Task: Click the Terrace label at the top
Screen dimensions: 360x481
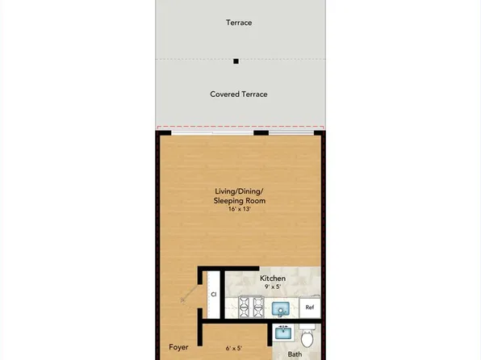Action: pyautogui.click(x=239, y=23)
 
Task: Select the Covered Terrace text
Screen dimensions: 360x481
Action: pyautogui.click(x=239, y=94)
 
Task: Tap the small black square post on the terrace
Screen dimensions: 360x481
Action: pyautogui.click(x=236, y=61)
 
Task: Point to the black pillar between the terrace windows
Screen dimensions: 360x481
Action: pyautogui.click(x=261, y=132)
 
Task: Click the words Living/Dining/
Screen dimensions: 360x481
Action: pyautogui.click(x=239, y=190)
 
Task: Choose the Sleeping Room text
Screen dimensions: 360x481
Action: pyautogui.click(x=239, y=200)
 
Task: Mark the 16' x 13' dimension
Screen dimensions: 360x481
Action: pyautogui.click(x=239, y=209)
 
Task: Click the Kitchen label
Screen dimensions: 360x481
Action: pyautogui.click(x=273, y=278)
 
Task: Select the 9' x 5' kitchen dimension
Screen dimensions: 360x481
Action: pyautogui.click(x=273, y=287)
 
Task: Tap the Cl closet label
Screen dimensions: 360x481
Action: pyautogui.click(x=214, y=295)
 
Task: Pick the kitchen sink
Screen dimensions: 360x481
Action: pyautogui.click(x=281, y=308)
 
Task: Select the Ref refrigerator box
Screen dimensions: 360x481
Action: pyautogui.click(x=310, y=308)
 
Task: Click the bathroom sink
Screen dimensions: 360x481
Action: pyautogui.click(x=282, y=332)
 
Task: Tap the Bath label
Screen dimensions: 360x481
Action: pyautogui.click(x=295, y=354)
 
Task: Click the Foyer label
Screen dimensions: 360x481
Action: pyautogui.click(x=179, y=347)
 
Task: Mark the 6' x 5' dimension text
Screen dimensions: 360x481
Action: pyautogui.click(x=234, y=349)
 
